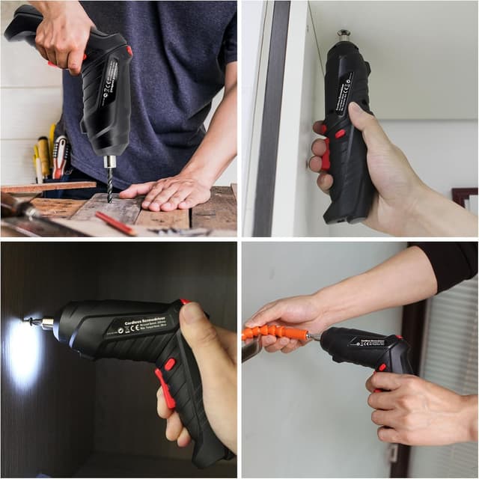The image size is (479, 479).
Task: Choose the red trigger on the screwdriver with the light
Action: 165,390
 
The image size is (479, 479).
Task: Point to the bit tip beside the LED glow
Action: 31,321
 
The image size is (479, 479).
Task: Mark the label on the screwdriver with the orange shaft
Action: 367,341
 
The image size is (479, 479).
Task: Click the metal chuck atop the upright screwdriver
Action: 344,35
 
